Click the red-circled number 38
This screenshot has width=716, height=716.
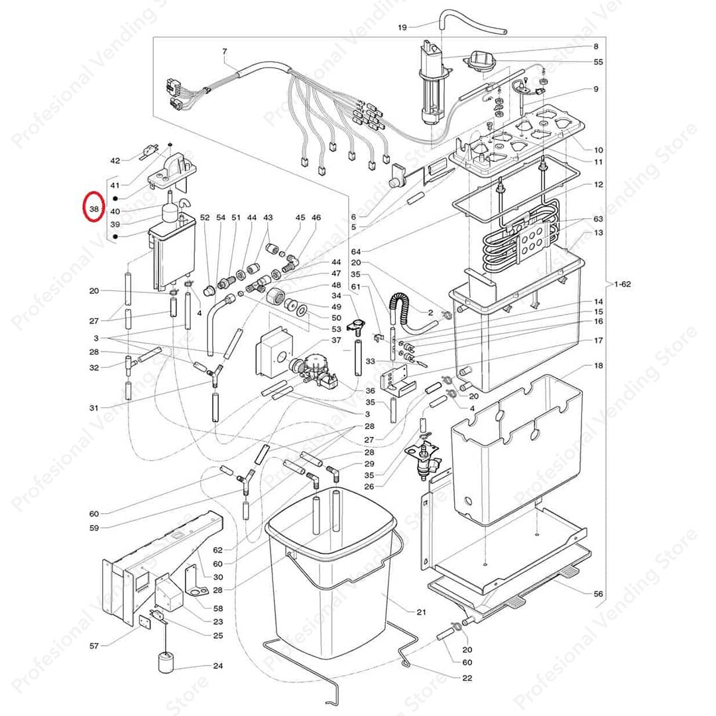point(93,208)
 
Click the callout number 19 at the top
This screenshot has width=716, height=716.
point(402,27)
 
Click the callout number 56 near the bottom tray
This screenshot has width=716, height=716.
point(598,594)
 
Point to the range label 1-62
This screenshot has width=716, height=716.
point(623,284)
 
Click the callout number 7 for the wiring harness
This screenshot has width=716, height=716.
point(224,51)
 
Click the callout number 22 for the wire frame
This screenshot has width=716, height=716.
point(467,678)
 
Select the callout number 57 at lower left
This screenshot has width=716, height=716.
point(94,645)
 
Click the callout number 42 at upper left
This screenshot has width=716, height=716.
point(115,160)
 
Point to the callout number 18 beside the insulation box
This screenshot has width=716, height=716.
point(598,366)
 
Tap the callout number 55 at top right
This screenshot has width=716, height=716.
point(598,62)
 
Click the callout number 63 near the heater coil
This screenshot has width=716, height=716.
point(598,219)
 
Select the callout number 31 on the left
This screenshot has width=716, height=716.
point(94,407)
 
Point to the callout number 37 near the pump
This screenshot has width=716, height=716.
point(336,339)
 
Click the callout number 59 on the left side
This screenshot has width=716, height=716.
point(94,528)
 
